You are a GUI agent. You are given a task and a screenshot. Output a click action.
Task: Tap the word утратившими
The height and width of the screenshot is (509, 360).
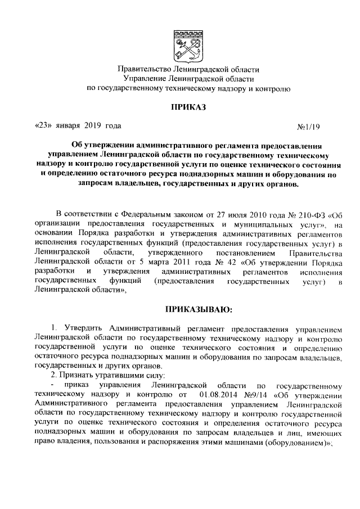point(121,375)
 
